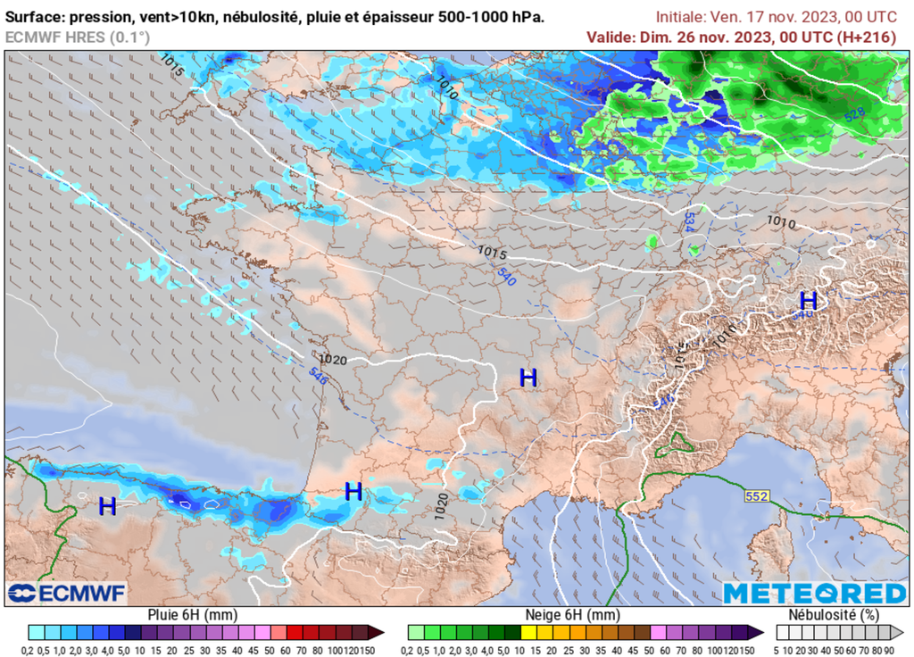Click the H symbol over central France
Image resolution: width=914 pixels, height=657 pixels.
click(x=528, y=378)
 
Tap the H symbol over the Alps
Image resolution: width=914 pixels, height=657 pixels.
click(x=808, y=301)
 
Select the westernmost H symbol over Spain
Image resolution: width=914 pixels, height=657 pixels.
click(x=107, y=506)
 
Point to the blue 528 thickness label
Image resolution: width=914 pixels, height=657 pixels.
click(x=854, y=113)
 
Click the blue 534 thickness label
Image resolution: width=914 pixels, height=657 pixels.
click(x=689, y=223)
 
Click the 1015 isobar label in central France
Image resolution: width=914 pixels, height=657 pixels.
click(x=492, y=253)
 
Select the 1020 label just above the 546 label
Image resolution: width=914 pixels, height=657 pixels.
click(x=332, y=360)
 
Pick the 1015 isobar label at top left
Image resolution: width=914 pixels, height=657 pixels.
click(x=172, y=63)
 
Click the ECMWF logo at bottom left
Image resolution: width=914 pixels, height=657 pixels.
click(x=67, y=593)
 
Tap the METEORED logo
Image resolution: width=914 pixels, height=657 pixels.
click(x=814, y=594)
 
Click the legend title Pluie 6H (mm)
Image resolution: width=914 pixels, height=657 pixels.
click(x=192, y=615)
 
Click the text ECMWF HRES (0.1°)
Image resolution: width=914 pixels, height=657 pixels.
click(x=78, y=37)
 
